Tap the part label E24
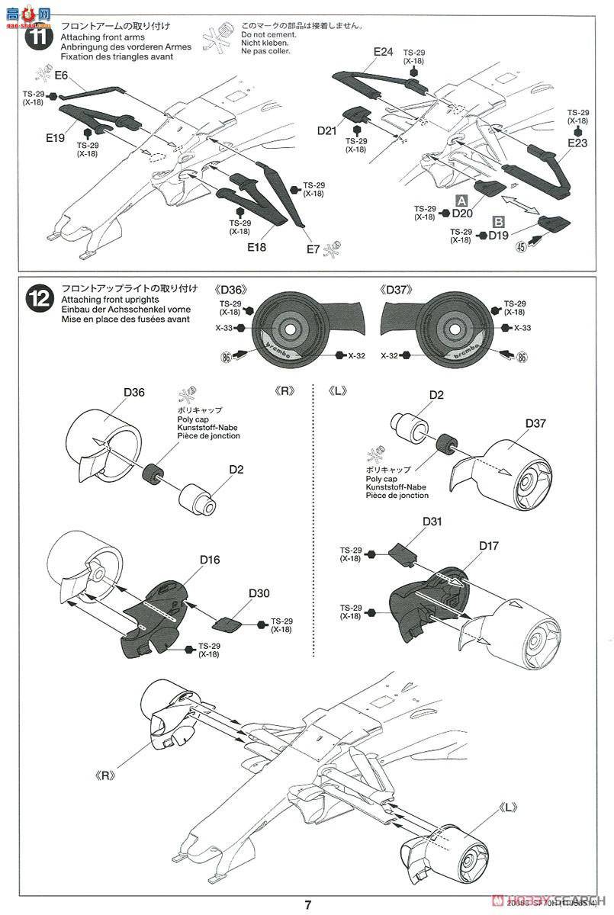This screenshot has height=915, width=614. (x=384, y=52)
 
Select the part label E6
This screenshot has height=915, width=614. (x=61, y=75)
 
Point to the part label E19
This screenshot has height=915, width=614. (x=54, y=138)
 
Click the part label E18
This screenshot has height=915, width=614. (x=256, y=246)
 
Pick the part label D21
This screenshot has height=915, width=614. (x=327, y=130)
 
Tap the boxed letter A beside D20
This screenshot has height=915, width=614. (x=461, y=201)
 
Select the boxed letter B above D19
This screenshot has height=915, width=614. (x=499, y=222)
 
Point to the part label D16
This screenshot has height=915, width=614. (x=210, y=560)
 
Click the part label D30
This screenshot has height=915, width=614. (x=259, y=594)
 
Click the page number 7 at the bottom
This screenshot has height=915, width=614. (x=308, y=905)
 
